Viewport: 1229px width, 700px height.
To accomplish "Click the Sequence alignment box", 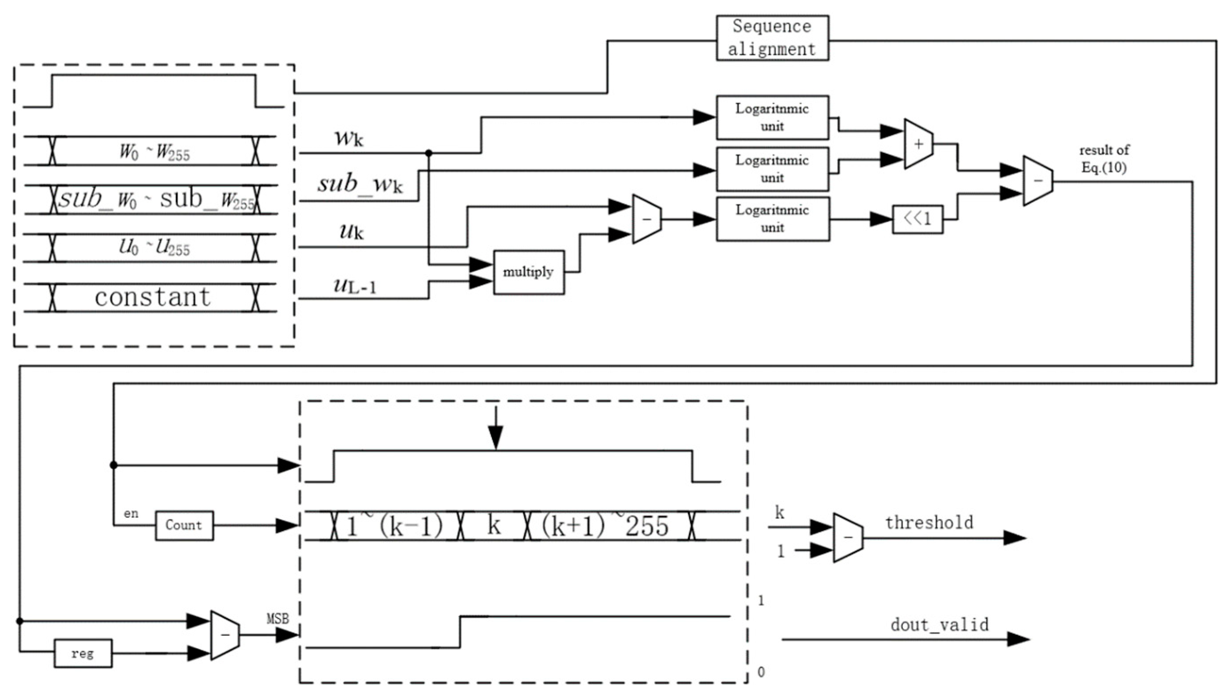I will tap(771, 38).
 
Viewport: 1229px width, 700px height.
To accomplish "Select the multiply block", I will tap(528, 272).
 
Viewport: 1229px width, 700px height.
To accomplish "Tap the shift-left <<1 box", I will tap(917, 219).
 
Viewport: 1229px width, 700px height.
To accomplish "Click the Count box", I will tap(184, 525).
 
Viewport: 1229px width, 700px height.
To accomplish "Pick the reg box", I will tap(83, 653).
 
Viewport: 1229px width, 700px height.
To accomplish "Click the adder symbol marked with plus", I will tap(918, 144).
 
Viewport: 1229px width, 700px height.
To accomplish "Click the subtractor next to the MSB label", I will tap(225, 635).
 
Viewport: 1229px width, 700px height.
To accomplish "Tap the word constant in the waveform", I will tap(153, 297).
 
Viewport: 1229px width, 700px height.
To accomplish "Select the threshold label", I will tap(929, 523).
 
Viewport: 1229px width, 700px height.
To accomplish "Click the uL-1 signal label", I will tap(355, 286).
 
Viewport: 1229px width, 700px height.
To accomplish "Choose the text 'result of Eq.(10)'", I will tap(1104, 159).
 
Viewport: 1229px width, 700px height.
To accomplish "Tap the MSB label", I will tap(278, 619).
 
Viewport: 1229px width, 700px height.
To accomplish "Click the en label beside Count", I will tap(131, 513).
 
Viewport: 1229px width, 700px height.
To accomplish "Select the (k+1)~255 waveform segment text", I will tap(605, 526).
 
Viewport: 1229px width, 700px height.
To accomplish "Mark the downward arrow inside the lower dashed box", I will tap(495, 428).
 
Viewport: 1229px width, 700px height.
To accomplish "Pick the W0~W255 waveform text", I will tap(154, 152).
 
